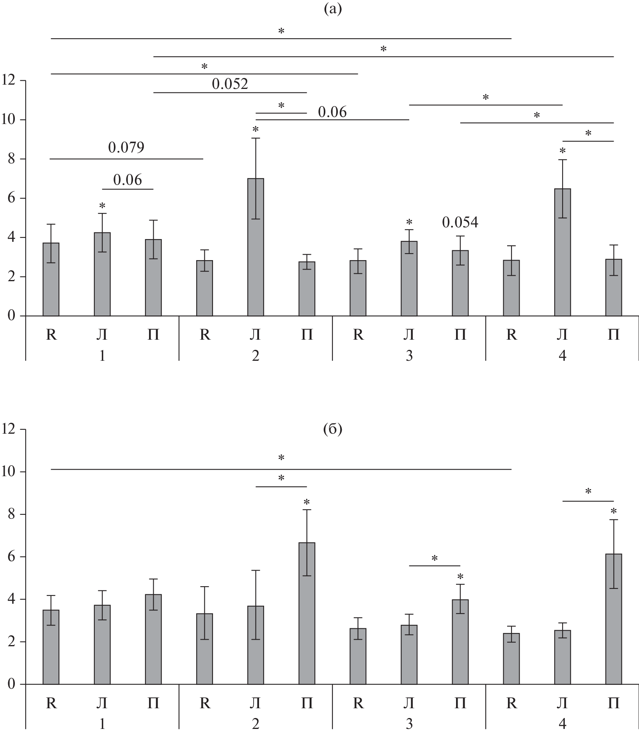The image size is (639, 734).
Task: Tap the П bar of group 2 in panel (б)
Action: coord(307,613)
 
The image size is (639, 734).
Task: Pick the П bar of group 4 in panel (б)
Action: coord(614,619)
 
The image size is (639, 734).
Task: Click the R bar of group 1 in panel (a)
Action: coord(51,279)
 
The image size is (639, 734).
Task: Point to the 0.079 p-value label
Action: coord(126,147)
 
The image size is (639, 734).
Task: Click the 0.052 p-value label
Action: coord(230,84)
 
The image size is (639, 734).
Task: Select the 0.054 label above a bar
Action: coord(460,222)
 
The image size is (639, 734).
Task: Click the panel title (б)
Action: coord(333,429)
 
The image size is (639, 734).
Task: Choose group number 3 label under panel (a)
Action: coord(409,355)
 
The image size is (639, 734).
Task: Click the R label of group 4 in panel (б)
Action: coord(511,704)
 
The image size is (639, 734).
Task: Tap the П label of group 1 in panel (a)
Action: coord(153,335)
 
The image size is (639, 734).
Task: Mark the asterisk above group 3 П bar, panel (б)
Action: coord(460,577)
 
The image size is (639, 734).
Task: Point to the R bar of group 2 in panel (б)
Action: coord(204,649)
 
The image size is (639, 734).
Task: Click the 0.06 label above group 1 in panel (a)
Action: coord(128,180)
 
